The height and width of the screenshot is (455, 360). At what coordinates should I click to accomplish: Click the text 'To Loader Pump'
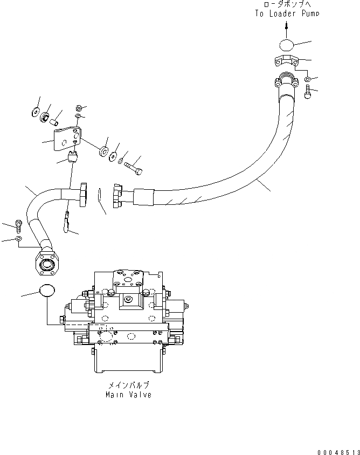pyautogui.click(x=287, y=13)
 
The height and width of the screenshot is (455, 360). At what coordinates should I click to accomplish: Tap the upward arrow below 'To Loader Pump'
pyautogui.click(x=286, y=27)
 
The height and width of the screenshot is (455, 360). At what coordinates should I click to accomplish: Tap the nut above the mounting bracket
pyautogui.click(x=79, y=107)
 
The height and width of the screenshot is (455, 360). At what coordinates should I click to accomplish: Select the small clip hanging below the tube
pyautogui.click(x=67, y=223)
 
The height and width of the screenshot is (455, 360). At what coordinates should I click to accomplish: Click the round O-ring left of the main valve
pyautogui.click(x=47, y=291)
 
